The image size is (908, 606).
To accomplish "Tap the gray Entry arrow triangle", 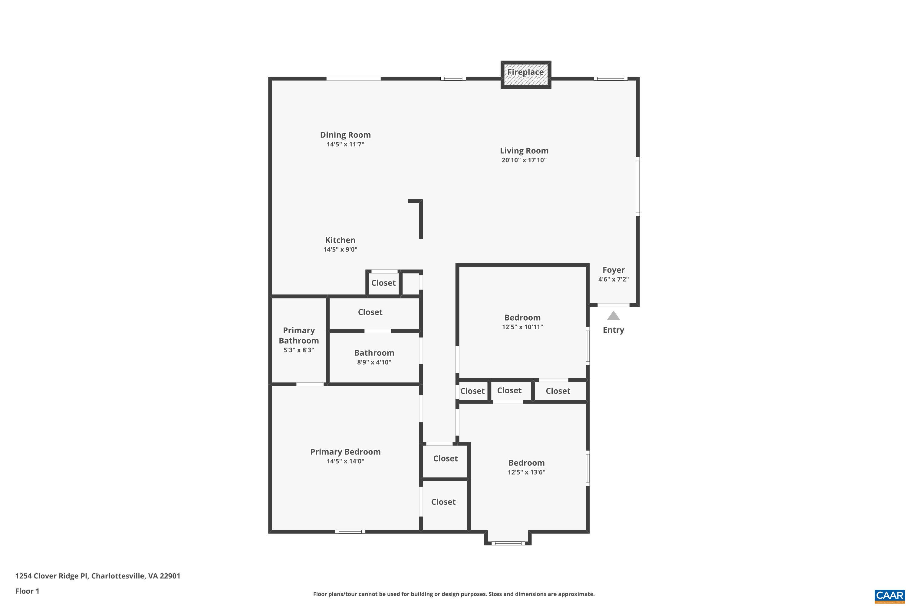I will [613, 316].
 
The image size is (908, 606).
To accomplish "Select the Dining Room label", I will [345, 135].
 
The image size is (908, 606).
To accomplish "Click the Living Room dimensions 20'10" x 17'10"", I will [524, 160].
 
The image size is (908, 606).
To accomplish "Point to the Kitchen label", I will [340, 240].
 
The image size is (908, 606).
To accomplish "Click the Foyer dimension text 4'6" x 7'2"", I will [613, 279].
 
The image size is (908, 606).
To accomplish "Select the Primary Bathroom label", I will [299, 335].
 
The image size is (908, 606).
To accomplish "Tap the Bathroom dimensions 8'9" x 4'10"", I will [374, 362].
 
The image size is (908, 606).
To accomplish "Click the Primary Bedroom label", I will [345, 451].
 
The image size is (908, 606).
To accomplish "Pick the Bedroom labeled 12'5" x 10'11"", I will [522, 318].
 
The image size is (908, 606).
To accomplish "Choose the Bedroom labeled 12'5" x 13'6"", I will [526, 463].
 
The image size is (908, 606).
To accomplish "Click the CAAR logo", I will [889, 596].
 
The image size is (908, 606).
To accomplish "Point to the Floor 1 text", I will [27, 591].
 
